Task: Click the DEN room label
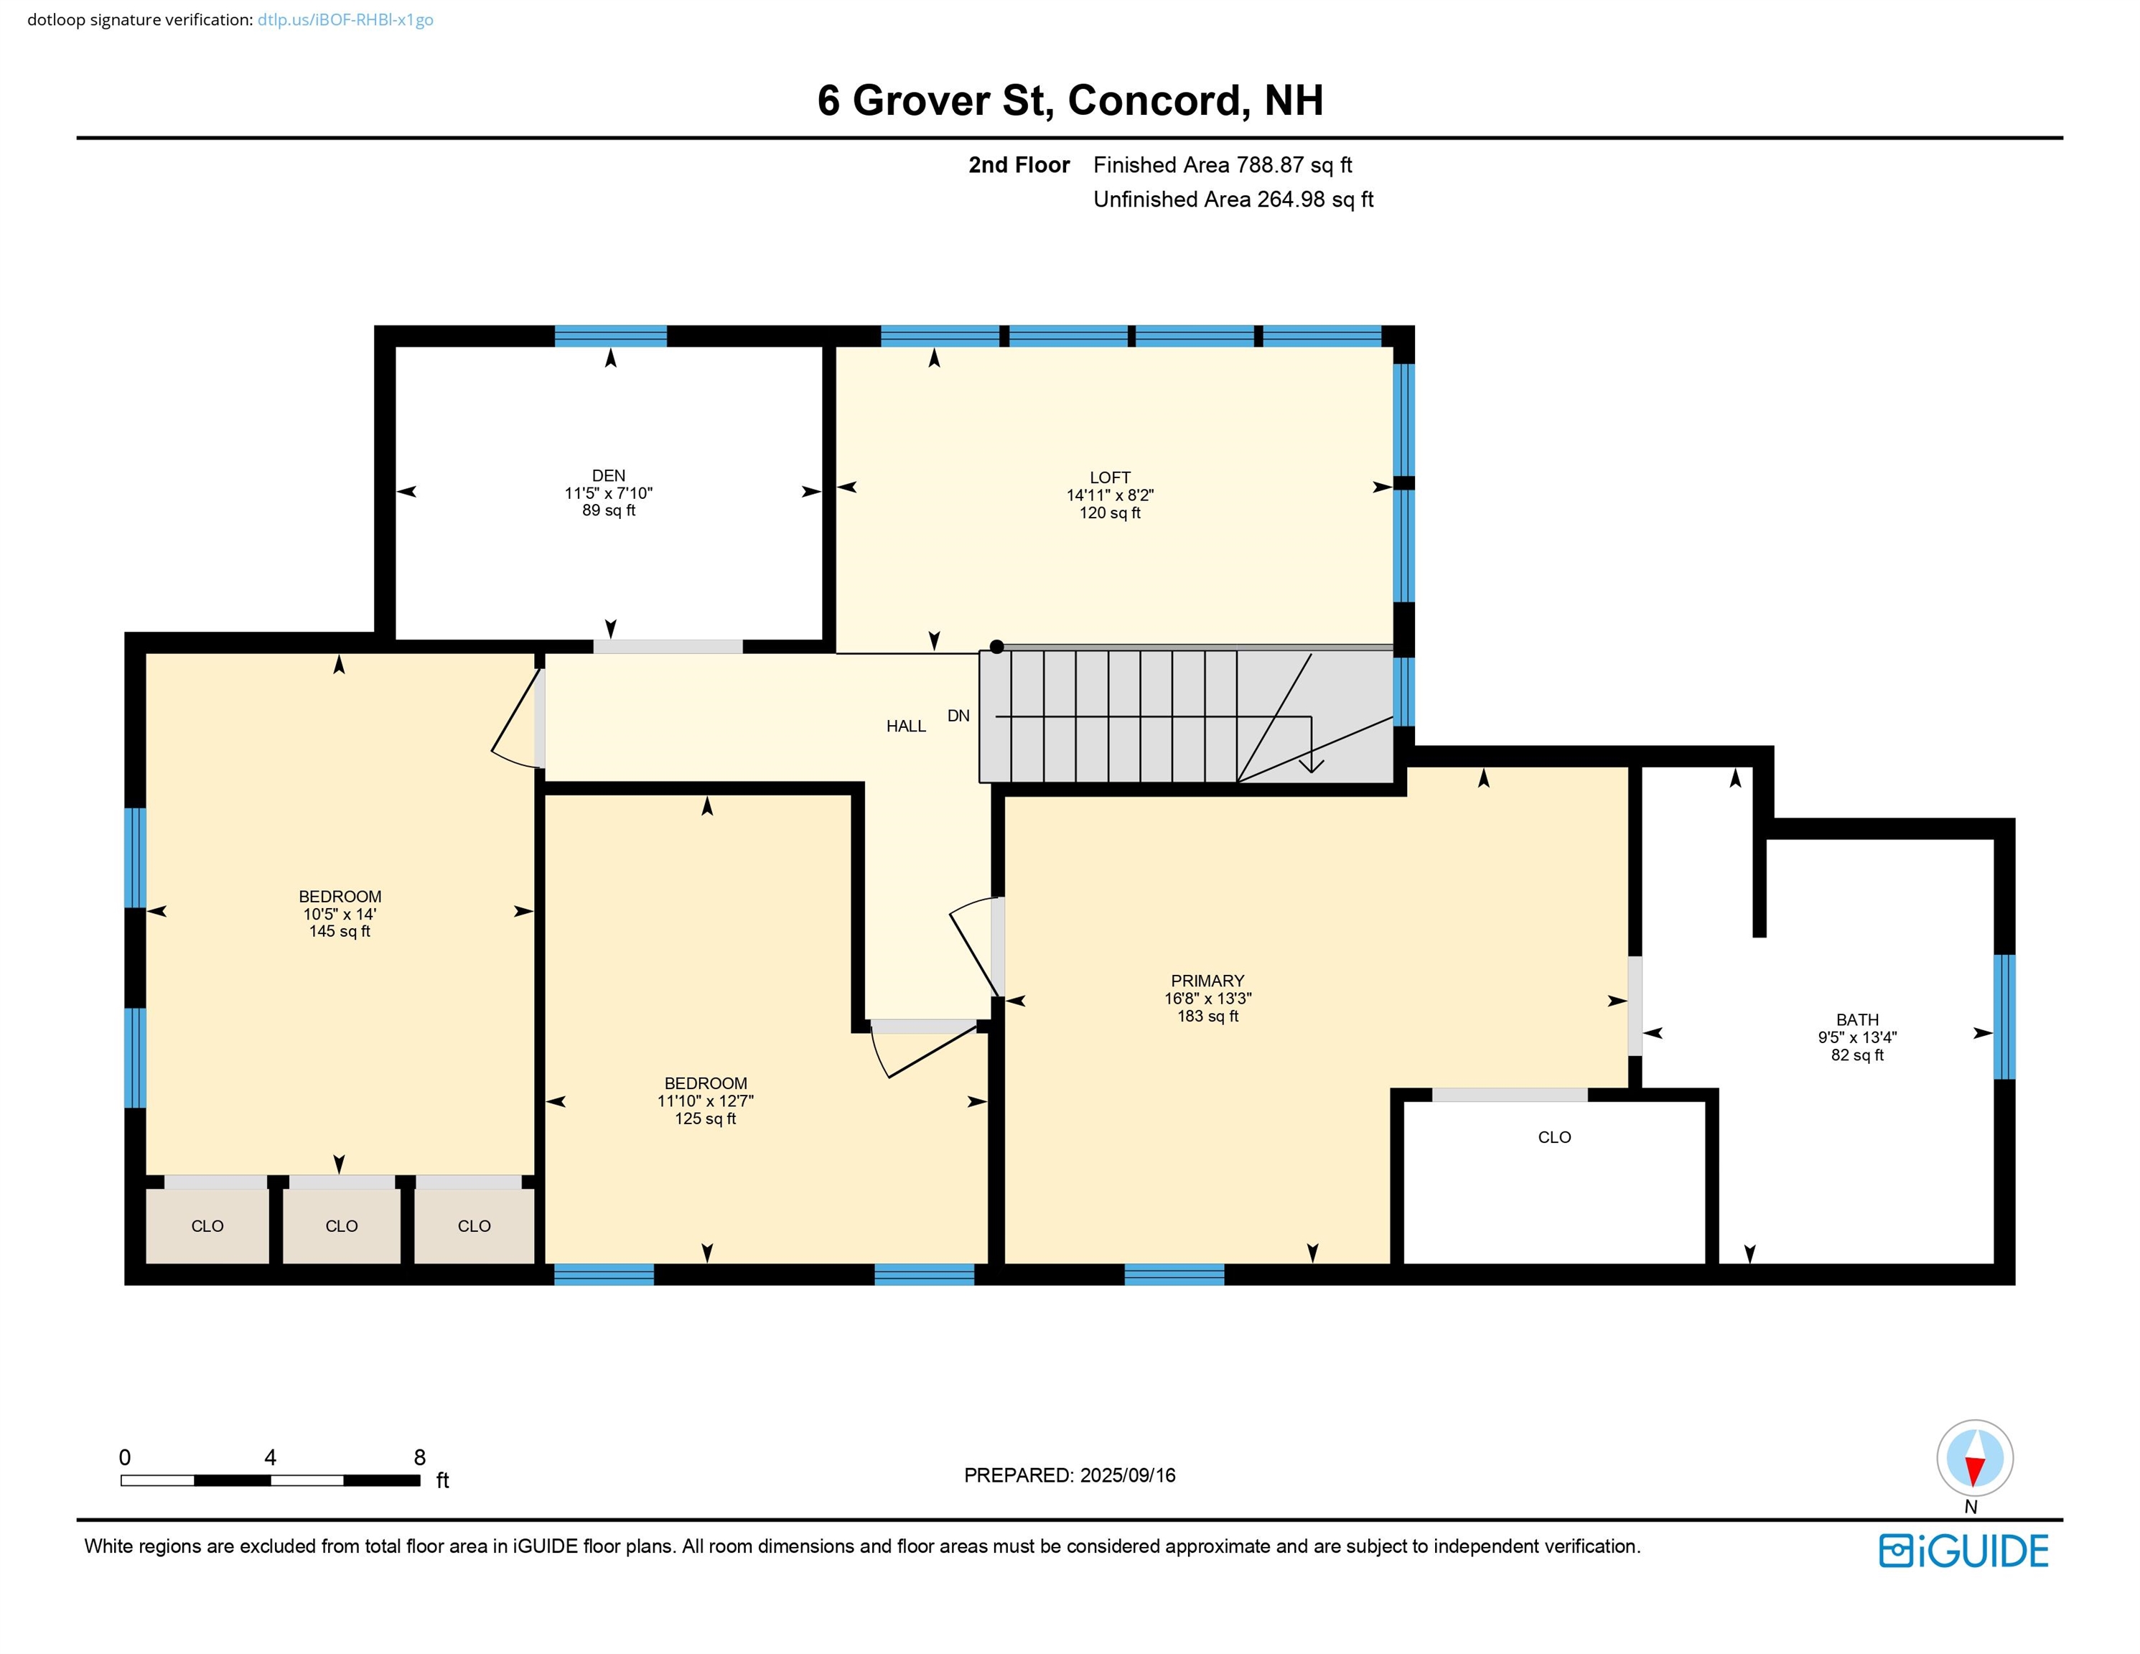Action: (x=609, y=475)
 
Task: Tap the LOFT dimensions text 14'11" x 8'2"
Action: (x=1109, y=495)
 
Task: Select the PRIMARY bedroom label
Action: (x=1207, y=981)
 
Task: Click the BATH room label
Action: (x=1857, y=1019)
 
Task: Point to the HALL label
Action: (x=905, y=726)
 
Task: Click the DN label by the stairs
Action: (x=958, y=716)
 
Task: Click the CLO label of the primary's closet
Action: (x=1554, y=1136)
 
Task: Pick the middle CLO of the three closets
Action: (x=341, y=1226)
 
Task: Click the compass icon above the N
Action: (x=1974, y=1458)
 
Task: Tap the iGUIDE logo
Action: (x=1963, y=1551)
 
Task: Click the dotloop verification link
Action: (x=345, y=19)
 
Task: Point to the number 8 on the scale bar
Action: (x=419, y=1457)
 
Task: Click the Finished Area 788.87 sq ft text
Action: (x=1222, y=164)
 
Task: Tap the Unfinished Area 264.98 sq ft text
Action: (x=1233, y=199)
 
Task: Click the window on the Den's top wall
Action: (x=610, y=336)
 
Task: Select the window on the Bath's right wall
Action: (x=2005, y=1016)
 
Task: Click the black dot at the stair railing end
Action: (x=996, y=647)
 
